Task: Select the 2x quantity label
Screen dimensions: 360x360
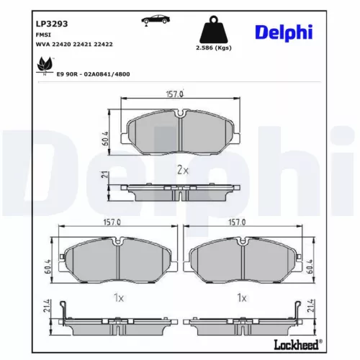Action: pos(182,170)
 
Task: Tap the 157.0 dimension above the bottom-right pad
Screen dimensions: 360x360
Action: pos(237,223)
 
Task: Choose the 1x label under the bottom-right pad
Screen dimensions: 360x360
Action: pos(242,297)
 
